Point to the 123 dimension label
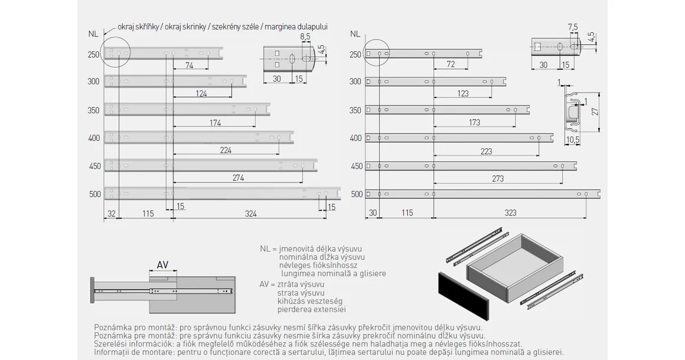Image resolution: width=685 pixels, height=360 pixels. point(462,93)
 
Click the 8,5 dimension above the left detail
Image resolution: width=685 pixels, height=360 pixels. point(305,37)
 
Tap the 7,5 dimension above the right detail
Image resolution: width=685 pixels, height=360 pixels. point(572,27)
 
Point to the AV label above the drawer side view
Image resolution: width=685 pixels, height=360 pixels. point(162,265)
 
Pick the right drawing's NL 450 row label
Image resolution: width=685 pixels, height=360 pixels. point(356,166)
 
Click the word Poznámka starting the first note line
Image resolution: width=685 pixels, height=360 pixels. point(112,327)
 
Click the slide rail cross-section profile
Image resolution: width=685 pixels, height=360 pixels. point(572,110)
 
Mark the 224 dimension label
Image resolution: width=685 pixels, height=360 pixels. point(226,150)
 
